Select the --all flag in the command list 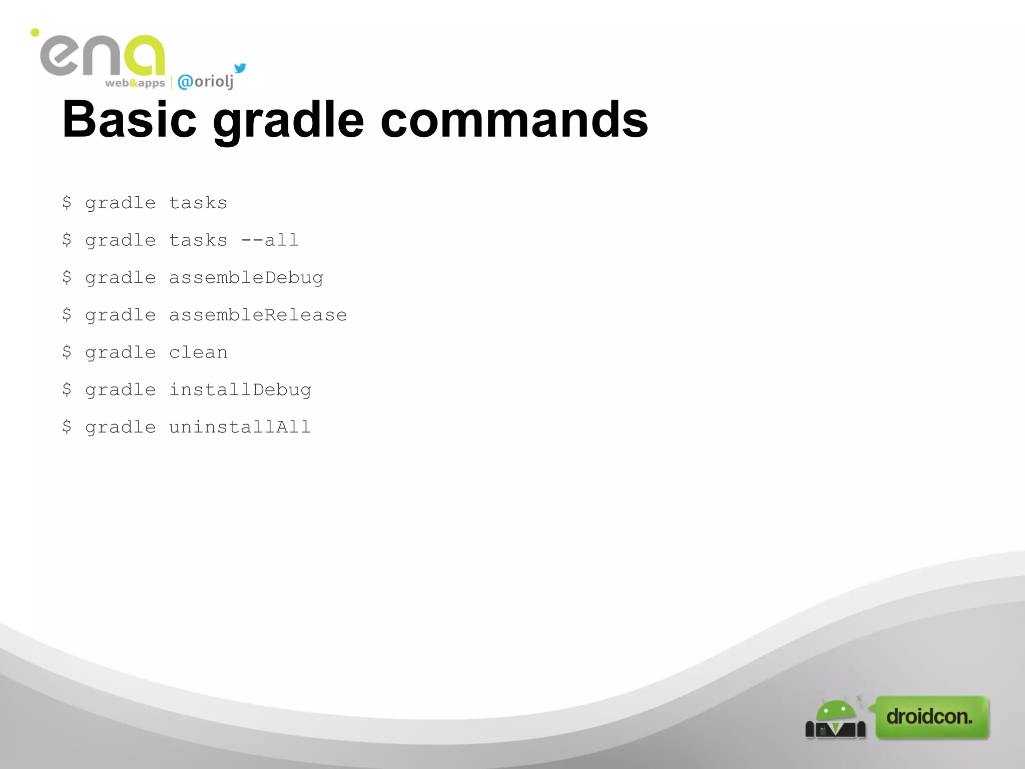(270, 240)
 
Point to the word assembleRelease (258, 315)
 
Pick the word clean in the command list (198, 352)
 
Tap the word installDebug (240, 390)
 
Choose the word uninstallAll (240, 427)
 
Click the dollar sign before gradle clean (67, 352)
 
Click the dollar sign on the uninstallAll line (67, 427)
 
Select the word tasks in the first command (198, 203)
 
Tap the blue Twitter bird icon (240, 68)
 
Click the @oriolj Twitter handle (206, 81)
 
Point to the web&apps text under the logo (135, 83)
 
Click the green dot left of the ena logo (35, 33)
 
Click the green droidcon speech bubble (931, 717)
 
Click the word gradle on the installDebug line (121, 390)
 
